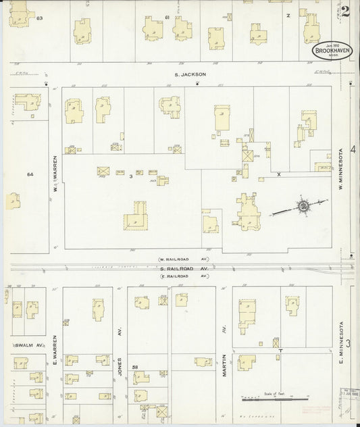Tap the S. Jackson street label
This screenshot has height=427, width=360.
pos(189,74)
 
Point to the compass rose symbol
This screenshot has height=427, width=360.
pos(304,205)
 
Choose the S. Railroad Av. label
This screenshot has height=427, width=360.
pos(184,268)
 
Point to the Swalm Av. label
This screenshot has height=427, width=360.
pos(25,345)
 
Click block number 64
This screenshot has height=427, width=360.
pos(30,174)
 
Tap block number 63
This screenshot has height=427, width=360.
pos(39,18)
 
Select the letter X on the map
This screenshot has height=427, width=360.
pos(278,174)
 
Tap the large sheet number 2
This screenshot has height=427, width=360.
pos(345,11)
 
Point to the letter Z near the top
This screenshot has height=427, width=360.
pos(288,14)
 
